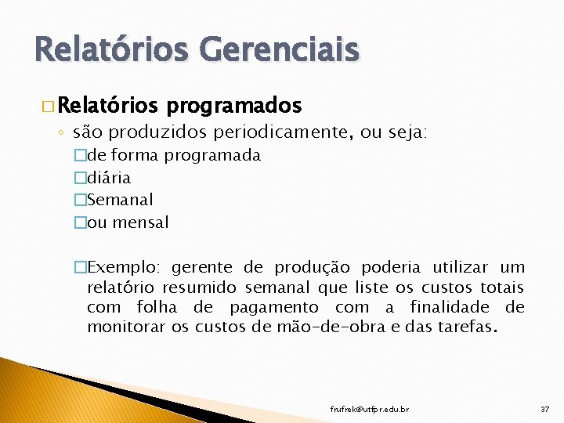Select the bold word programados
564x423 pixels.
[234, 105]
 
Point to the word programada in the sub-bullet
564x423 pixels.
[213, 155]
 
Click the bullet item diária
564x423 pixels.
[108, 178]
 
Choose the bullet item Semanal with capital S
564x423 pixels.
[120, 200]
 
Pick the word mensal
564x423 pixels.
[141, 222]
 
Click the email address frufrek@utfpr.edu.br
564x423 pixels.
[369, 409]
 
